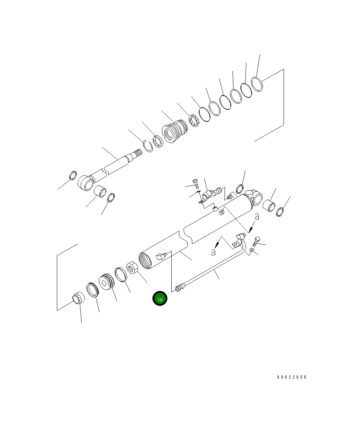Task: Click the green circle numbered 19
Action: click(x=160, y=299)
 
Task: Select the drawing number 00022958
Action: click(x=292, y=377)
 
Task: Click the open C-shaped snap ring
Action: click(x=148, y=146)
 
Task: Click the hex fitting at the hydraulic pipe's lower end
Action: click(x=179, y=288)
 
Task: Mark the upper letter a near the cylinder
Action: click(x=257, y=217)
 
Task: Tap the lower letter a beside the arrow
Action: click(x=214, y=251)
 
